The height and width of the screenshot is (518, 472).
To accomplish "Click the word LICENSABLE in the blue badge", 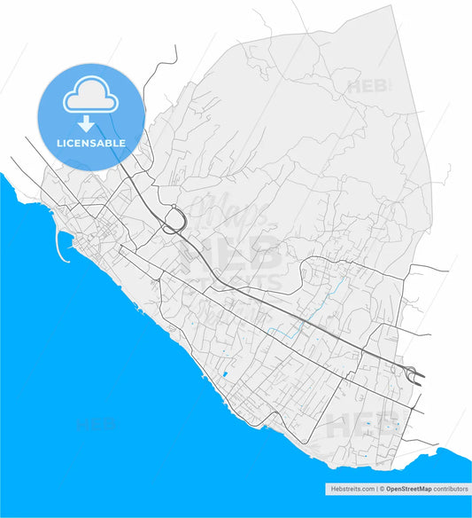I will (92, 143).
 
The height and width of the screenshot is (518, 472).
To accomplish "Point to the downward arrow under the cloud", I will (86, 124).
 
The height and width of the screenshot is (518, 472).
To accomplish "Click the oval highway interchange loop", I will (174, 219).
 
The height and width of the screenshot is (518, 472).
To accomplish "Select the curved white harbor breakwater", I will (62, 249).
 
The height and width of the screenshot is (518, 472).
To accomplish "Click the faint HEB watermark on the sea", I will (98, 424).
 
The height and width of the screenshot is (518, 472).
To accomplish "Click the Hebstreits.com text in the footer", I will (348, 489).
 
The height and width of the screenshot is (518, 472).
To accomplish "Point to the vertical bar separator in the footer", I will (375, 489).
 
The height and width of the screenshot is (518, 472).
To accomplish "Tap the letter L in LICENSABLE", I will (60, 143).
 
